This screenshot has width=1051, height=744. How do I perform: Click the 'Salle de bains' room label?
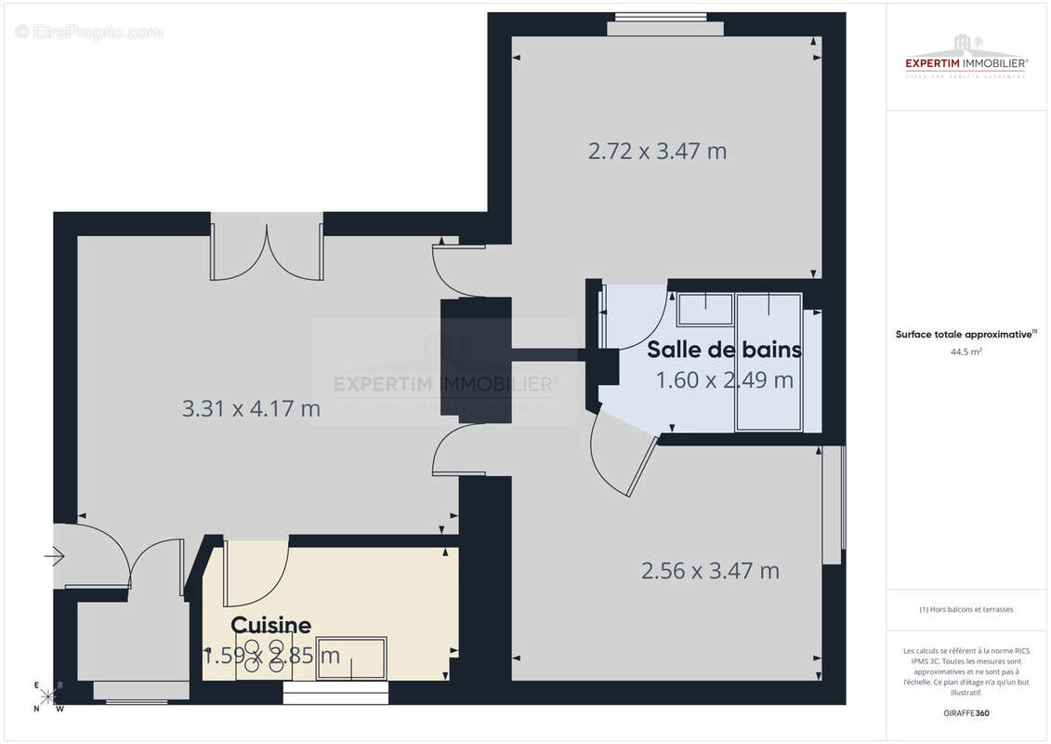[x=724, y=350]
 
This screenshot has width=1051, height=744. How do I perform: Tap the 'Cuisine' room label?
[x=270, y=625]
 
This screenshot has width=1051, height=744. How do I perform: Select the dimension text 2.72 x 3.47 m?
[x=657, y=151]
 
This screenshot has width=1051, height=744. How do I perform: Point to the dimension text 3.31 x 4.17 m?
[x=252, y=407]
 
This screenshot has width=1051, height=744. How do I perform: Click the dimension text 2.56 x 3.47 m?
[x=710, y=570]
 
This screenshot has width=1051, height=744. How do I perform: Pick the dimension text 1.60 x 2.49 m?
[x=724, y=379]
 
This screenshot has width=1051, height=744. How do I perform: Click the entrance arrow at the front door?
[x=54, y=557]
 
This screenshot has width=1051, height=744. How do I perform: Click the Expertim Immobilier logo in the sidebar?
[x=966, y=58]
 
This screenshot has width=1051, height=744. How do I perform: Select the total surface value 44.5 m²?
[x=966, y=352]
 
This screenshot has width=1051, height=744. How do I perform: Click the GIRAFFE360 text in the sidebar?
[x=966, y=713]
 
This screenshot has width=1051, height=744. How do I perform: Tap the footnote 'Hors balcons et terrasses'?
[x=966, y=609]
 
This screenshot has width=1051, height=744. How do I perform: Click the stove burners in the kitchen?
[x=264, y=656]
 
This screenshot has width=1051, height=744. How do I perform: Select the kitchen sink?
[x=351, y=658]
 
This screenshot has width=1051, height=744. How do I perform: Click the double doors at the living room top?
[x=267, y=251]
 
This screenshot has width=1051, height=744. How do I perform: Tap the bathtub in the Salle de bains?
[x=769, y=362]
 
